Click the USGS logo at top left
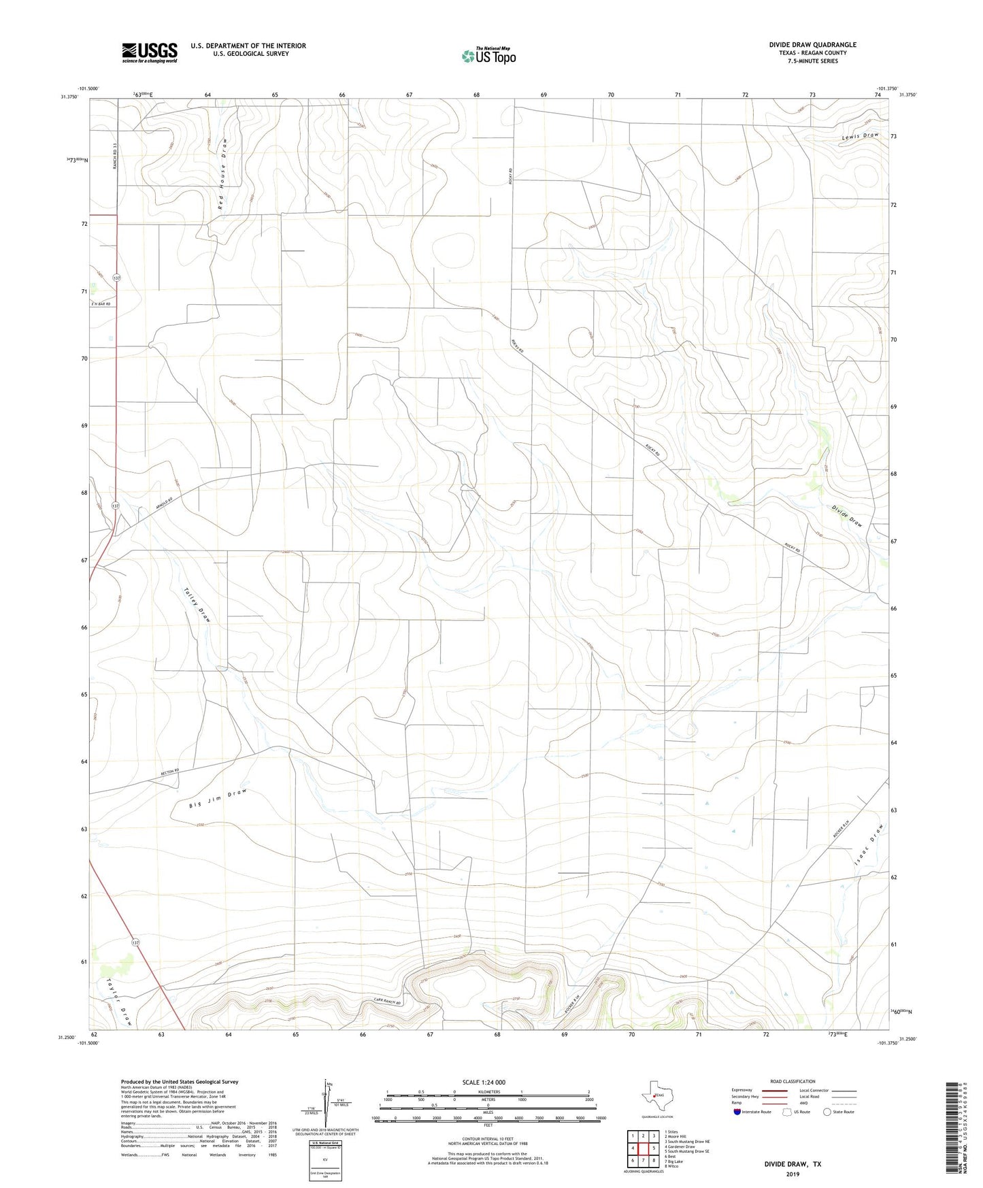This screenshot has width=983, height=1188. (150, 52)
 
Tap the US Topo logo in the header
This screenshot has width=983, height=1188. (488, 56)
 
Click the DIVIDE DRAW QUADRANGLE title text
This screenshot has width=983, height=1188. (812, 45)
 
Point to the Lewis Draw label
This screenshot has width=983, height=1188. (860, 136)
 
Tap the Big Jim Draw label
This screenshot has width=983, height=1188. (217, 799)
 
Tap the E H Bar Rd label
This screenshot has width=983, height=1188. (100, 303)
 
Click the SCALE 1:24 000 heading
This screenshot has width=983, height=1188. (484, 1082)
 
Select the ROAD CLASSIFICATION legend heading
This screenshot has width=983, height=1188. (793, 1081)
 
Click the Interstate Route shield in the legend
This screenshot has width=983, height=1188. (737, 1112)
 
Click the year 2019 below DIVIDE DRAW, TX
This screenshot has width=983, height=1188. (793, 1174)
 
